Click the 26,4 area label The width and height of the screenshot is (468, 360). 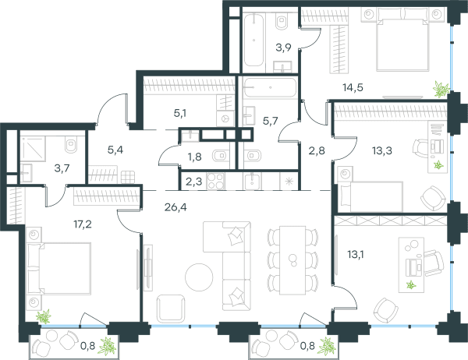point(175,206)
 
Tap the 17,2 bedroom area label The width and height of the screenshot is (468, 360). point(83,224)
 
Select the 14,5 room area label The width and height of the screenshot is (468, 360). point(353,88)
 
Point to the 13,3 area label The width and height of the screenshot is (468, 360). point(382,150)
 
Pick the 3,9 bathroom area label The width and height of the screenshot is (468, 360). point(283,48)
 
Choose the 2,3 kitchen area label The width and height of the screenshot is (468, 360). point(193,182)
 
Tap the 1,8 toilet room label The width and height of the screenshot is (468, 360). point(194,157)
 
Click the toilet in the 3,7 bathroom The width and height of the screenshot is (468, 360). point(71,145)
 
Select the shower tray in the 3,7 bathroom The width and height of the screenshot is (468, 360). point(33,149)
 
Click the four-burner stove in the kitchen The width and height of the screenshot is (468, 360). point(216,181)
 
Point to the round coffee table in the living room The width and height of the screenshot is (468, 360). point(199,277)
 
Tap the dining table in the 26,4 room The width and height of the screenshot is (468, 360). point(292,260)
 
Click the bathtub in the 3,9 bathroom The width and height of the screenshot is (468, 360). point(253,41)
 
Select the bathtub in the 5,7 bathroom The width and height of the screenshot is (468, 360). point(270,87)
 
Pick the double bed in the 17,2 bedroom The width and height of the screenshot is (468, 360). point(58,268)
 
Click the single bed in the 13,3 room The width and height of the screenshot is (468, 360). point(370,196)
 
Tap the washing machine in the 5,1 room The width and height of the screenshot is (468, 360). point(225,118)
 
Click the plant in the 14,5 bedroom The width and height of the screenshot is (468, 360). point(441,89)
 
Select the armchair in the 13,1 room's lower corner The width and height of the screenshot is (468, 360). point(386,310)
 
